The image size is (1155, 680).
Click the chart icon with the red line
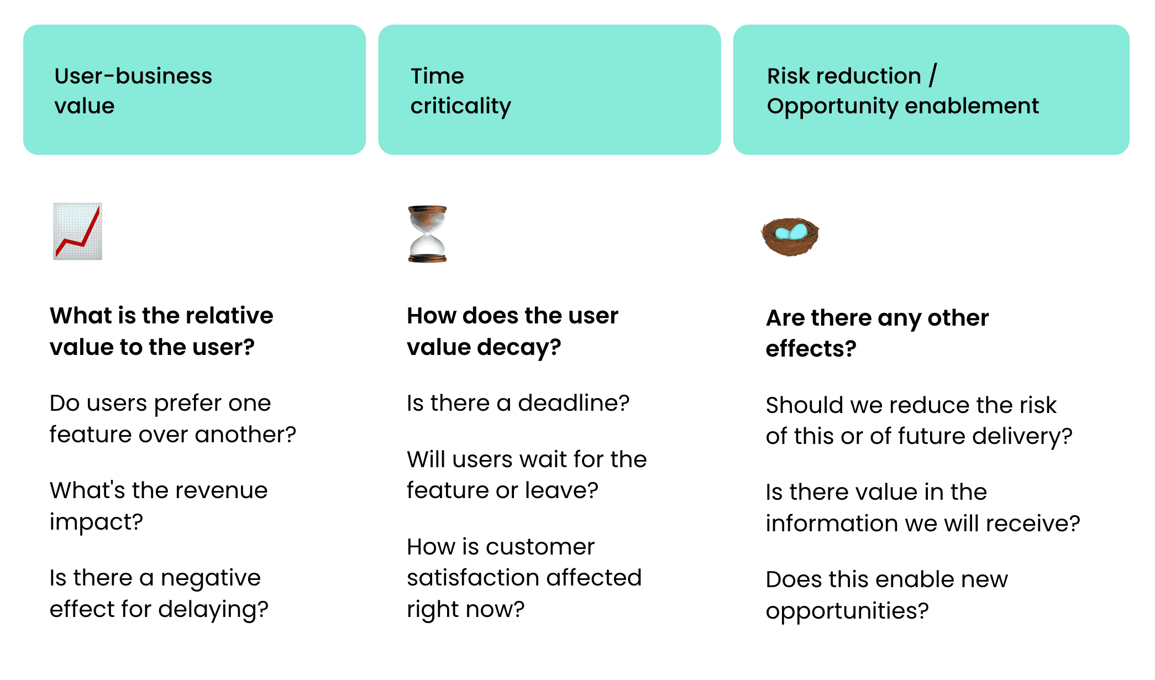click(77, 231)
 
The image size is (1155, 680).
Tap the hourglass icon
click(427, 234)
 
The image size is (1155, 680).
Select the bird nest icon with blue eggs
click(790, 236)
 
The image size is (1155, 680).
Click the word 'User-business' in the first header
click(133, 76)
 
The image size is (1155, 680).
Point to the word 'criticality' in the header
click(461, 106)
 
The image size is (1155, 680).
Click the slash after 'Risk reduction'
click(933, 75)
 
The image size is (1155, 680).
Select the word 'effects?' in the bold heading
click(811, 349)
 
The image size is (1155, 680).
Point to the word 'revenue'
click(223, 491)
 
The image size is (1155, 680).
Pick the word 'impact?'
click(96, 522)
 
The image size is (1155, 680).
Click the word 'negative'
click(211, 578)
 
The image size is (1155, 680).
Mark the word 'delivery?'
click(1022, 437)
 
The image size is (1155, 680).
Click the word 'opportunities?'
click(847, 611)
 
